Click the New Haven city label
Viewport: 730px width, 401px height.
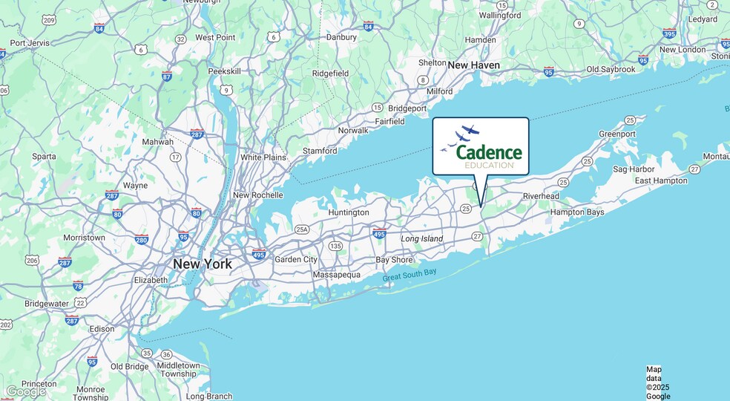473,65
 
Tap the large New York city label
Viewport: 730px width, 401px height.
202,264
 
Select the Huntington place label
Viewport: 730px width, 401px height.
348,212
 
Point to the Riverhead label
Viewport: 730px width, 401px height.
541,196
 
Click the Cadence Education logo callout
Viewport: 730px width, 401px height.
481,146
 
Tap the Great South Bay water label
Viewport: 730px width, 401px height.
410,276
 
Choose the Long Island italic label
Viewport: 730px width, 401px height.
421,239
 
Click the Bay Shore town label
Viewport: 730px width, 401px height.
394,261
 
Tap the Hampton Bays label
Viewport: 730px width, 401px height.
576,212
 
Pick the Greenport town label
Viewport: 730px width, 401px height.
617,134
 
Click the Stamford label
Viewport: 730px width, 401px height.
320,151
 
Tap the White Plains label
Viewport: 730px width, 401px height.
263,157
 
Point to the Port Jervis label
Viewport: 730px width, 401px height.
29,43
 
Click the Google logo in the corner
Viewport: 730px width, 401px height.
25,391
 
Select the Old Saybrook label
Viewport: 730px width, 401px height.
611,70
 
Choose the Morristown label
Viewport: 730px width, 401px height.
84,238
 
